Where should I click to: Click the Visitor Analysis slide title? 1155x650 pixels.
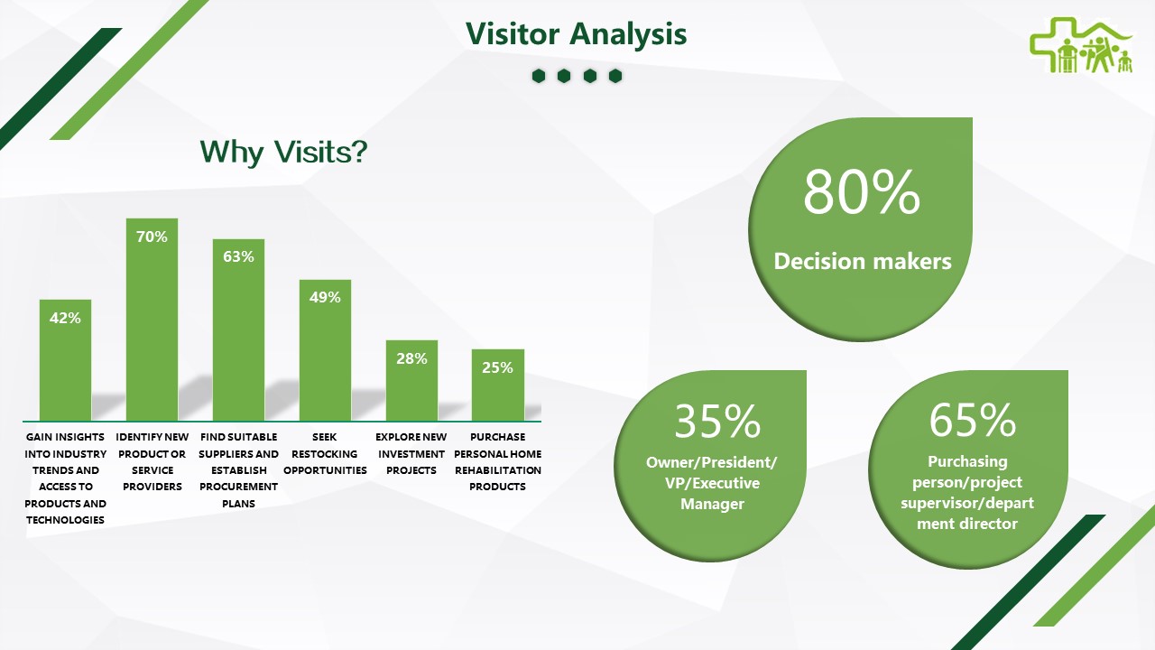576,34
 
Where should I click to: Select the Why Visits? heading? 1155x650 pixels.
283,153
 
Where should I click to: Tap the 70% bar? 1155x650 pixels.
152,320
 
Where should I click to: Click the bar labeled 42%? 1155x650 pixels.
66,360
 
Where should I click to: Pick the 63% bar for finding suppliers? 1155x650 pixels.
239,330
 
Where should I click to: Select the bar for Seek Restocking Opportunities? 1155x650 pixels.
326,350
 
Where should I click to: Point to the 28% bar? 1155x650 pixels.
412,380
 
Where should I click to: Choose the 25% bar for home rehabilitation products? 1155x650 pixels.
498,385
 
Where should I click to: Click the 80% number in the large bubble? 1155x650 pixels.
862,192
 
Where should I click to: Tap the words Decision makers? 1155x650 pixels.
863,261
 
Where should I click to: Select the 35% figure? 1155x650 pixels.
717,421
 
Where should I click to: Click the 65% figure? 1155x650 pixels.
973,420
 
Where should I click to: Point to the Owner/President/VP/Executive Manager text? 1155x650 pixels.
712,483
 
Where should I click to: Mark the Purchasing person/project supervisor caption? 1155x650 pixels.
967,492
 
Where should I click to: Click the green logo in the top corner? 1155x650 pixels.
1081,45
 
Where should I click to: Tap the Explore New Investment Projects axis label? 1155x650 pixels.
411,453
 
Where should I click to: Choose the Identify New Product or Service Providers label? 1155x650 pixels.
152,461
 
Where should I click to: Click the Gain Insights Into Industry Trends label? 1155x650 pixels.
66,478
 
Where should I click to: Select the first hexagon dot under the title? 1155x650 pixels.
539,76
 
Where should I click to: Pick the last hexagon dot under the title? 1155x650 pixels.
615,76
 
